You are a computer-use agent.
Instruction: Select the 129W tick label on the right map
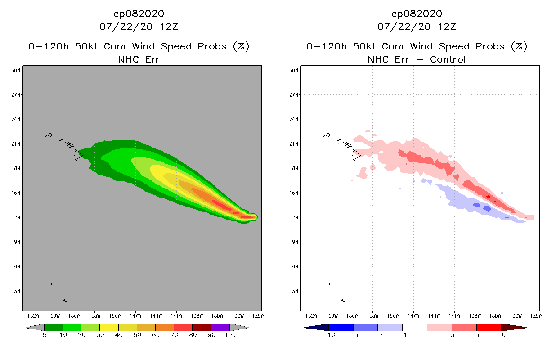536,315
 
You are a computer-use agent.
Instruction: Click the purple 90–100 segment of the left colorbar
220,327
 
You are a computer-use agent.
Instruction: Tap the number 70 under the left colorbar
174,335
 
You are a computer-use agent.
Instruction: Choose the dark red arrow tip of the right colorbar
513,327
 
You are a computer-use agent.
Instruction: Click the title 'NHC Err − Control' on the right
417,59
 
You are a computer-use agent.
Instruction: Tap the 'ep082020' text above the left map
139,13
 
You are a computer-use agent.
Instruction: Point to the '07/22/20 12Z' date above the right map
417,27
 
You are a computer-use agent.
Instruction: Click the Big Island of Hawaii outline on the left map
78,155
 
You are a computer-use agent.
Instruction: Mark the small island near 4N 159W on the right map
329,284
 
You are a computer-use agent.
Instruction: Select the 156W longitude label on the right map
352,315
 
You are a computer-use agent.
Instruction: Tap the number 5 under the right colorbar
476,335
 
